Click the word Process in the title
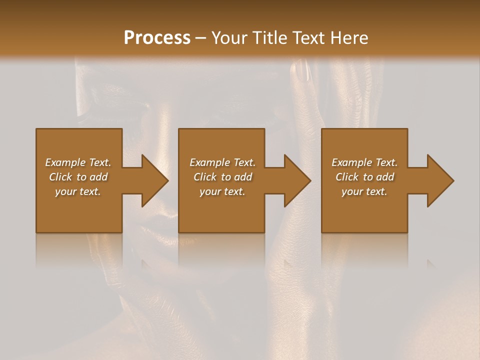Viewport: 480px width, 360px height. tap(157, 38)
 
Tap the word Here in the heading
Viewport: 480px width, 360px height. tap(348, 38)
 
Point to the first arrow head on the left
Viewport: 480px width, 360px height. tap(154, 180)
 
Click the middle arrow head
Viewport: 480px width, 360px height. tap(297, 180)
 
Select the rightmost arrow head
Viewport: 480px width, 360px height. tap(439, 180)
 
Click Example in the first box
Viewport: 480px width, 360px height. tap(64, 162)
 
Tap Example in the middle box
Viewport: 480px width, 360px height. tap(209, 162)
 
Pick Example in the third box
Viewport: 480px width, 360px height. tap(351, 162)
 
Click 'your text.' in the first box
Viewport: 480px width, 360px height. tap(78, 191)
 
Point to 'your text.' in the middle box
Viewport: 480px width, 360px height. tap(222, 191)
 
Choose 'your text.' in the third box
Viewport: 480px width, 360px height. tap(364, 191)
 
